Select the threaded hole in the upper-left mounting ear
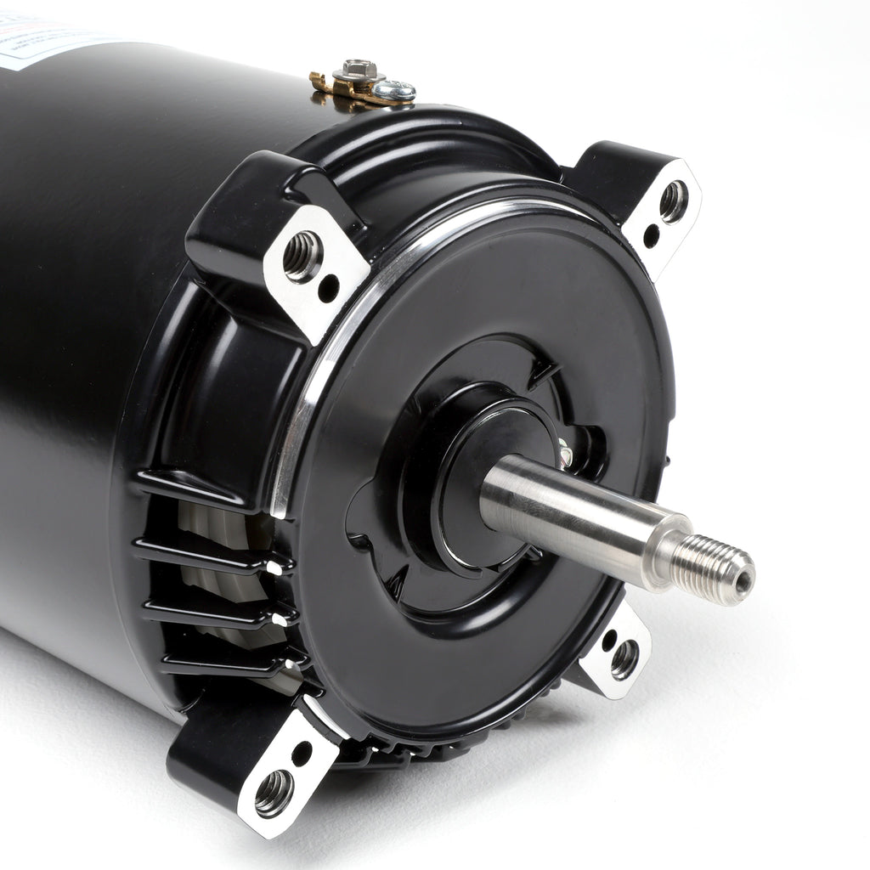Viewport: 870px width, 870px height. [302, 257]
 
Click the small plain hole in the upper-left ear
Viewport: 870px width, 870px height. [328, 289]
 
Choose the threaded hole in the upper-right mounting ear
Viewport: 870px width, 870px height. [673, 201]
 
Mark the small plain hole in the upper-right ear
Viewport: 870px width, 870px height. [652, 235]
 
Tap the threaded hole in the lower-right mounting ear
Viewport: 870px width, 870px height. [624, 658]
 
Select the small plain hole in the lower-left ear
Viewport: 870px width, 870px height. [301, 752]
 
